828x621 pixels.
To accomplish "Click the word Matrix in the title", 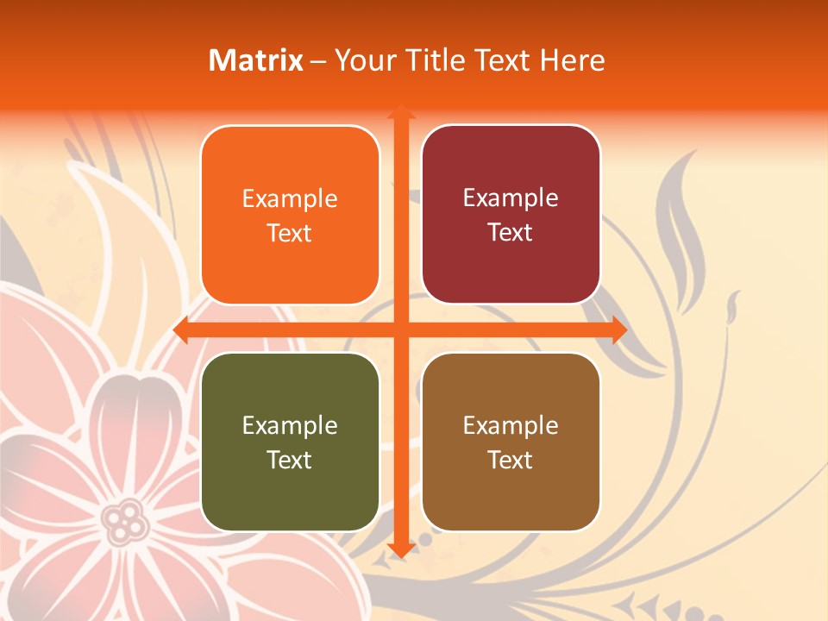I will (x=256, y=60).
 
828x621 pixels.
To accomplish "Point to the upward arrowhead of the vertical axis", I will (x=400, y=113).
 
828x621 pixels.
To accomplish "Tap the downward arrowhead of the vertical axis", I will (x=400, y=549).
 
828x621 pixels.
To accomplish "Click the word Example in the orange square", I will (x=290, y=199).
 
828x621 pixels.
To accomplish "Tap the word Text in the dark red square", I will (x=511, y=233).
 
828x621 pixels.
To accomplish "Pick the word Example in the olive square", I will (x=290, y=426).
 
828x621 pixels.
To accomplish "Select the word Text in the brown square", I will (x=511, y=461).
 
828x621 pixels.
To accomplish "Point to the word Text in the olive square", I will (x=290, y=461).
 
